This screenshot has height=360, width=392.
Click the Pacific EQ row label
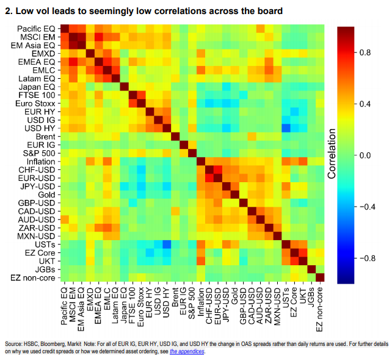[36, 29]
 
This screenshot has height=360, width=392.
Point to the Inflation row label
[41, 161]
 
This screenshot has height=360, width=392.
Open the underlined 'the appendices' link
[187, 351]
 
